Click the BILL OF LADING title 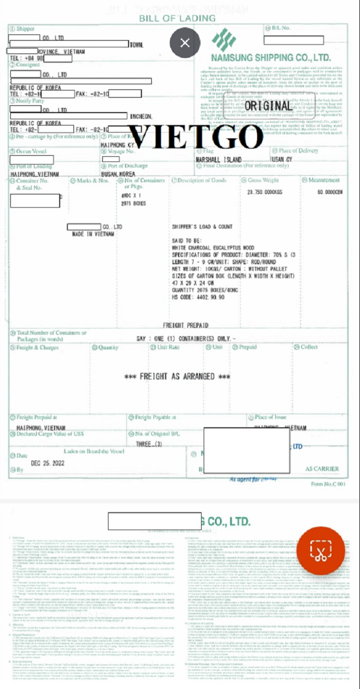(x=177, y=19)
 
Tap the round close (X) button (x=185, y=43)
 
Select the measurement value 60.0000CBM (x=327, y=192)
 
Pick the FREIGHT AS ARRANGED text (x=177, y=376)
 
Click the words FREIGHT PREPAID (x=185, y=325)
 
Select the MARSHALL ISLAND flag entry (x=219, y=160)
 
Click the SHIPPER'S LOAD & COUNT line (x=202, y=227)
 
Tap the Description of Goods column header (x=202, y=180)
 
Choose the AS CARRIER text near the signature (x=322, y=469)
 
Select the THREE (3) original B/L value (x=149, y=444)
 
